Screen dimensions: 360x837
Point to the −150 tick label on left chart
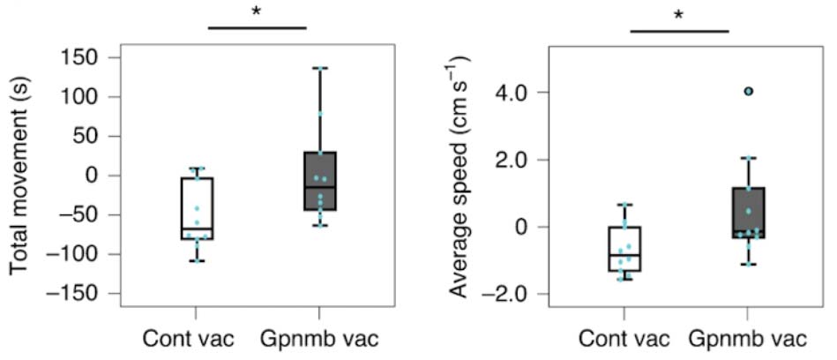click(80, 294)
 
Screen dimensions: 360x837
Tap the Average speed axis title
click(458, 176)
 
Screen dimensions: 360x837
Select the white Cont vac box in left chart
click(197, 208)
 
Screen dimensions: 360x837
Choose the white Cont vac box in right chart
click(624, 249)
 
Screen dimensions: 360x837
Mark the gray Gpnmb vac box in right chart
click(748, 213)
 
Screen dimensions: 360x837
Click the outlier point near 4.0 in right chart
click(748, 91)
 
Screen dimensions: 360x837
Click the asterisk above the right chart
click(679, 15)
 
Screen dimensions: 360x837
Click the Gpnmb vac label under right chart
click(748, 339)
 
